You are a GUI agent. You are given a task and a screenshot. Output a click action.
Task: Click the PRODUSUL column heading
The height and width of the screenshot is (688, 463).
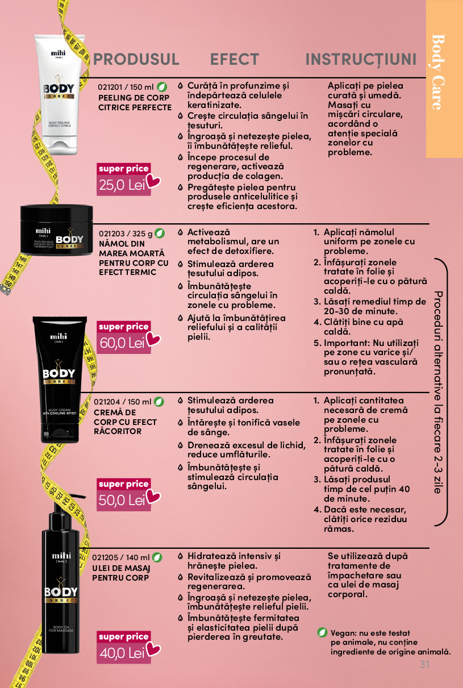[136, 59]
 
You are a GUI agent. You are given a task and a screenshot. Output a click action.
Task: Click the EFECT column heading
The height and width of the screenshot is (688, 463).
[235, 59]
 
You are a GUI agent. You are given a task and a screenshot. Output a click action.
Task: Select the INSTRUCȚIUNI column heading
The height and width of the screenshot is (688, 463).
[361, 60]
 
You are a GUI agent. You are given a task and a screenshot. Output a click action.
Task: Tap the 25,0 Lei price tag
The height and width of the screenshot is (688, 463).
[124, 180]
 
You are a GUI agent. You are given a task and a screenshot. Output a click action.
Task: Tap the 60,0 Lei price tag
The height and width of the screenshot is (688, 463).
[124, 337]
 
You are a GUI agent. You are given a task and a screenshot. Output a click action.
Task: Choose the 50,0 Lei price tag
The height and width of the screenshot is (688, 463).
[124, 495]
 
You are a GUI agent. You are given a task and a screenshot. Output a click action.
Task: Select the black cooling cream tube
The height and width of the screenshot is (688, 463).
[60, 380]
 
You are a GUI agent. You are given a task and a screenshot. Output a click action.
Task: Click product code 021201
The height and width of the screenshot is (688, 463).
[110, 87]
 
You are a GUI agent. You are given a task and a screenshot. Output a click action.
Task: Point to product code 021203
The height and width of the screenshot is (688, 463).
[111, 233]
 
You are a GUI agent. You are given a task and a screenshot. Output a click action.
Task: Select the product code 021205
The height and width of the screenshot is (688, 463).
[105, 557]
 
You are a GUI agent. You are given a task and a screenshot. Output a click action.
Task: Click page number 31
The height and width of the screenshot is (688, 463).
[424, 665]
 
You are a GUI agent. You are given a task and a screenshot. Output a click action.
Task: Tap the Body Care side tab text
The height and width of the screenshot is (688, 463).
[439, 72]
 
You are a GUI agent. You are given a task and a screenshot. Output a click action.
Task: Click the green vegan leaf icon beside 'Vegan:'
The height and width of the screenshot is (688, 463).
[322, 632]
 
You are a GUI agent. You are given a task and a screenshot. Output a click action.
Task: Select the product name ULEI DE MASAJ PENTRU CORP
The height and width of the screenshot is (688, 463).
[121, 573]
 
